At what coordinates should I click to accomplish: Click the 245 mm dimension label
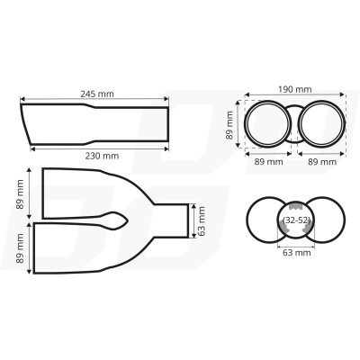pyautogui.click(x=94, y=92)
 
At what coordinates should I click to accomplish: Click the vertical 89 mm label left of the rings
pyautogui.click(x=230, y=125)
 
